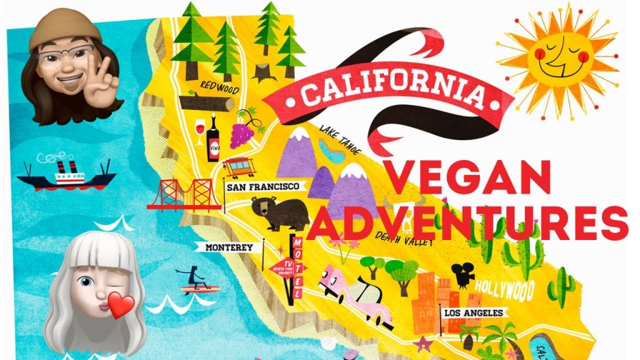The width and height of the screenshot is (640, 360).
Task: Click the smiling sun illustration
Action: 558,56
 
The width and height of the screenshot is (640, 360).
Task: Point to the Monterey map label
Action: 229,247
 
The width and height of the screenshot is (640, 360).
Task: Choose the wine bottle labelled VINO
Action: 214,139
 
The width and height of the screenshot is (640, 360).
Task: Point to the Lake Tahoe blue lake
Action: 332,150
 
